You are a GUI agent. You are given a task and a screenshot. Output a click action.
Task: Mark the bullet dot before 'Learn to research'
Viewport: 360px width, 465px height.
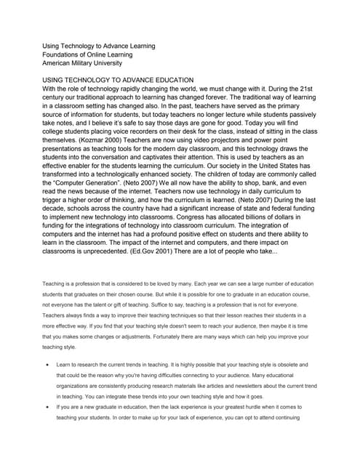[48, 363]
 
